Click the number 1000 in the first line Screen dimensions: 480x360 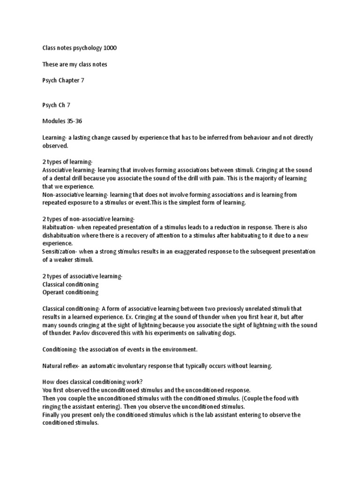[117, 48]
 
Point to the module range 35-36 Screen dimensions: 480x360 [77, 121]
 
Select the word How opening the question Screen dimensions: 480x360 [48, 382]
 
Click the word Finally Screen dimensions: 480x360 [52, 415]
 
